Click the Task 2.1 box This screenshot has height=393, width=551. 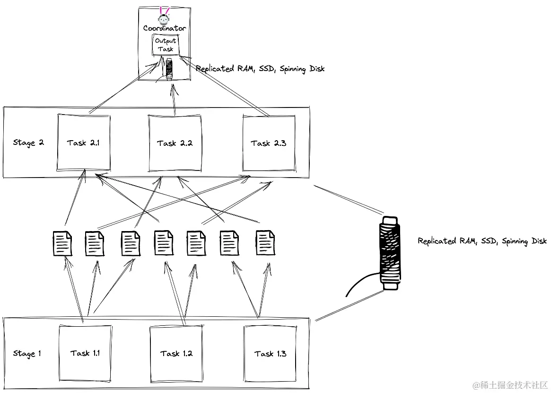pyautogui.click(x=83, y=143)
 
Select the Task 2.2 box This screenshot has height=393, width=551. pyautogui.click(x=175, y=143)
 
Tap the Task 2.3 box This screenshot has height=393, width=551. pyautogui.click(x=268, y=143)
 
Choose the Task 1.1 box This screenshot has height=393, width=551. pyautogui.click(x=85, y=353)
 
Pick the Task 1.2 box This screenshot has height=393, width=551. pyautogui.click(x=176, y=353)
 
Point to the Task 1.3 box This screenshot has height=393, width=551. pyautogui.click(x=270, y=353)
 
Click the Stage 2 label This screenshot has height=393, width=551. pyautogui.click(x=28, y=143)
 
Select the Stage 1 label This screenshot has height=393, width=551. pyautogui.click(x=27, y=353)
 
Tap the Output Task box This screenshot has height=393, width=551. pyautogui.click(x=165, y=45)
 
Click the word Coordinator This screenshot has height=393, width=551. pyautogui.click(x=165, y=28)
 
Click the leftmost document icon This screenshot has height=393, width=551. pyautogui.click(x=62, y=243)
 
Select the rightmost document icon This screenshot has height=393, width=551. pyautogui.click(x=265, y=242)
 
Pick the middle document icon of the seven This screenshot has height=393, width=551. pyautogui.click(x=163, y=242)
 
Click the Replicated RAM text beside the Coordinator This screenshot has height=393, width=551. pyautogui.click(x=260, y=69)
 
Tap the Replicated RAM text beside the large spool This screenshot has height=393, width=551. pyautogui.click(x=481, y=241)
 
